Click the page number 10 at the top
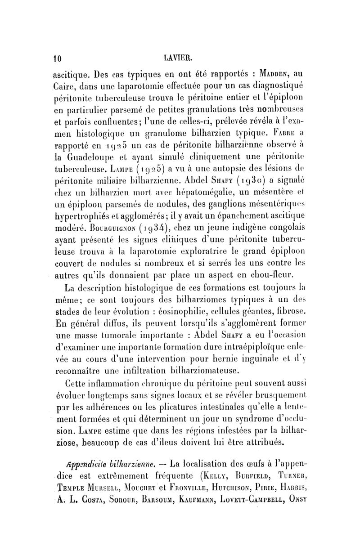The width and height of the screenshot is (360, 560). [58, 58]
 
